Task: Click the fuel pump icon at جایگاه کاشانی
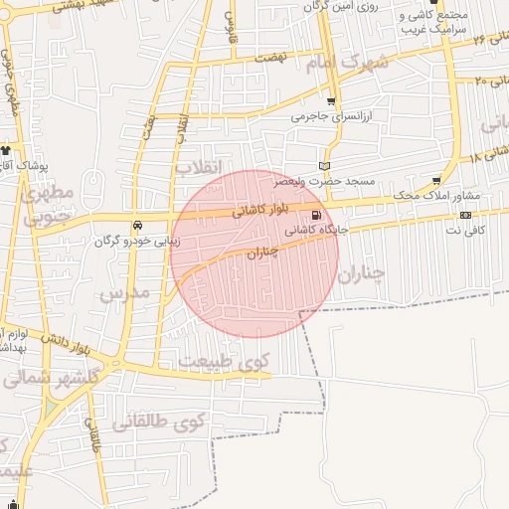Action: pos(316,216)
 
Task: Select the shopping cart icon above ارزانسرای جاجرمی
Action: pos(330,102)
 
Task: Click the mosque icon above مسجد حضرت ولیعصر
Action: pos(323,165)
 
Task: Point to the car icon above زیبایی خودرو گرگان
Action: pos(137,225)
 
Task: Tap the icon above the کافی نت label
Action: pos(465,215)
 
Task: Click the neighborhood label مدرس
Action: pos(124,292)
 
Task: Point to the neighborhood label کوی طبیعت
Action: pos(224,362)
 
